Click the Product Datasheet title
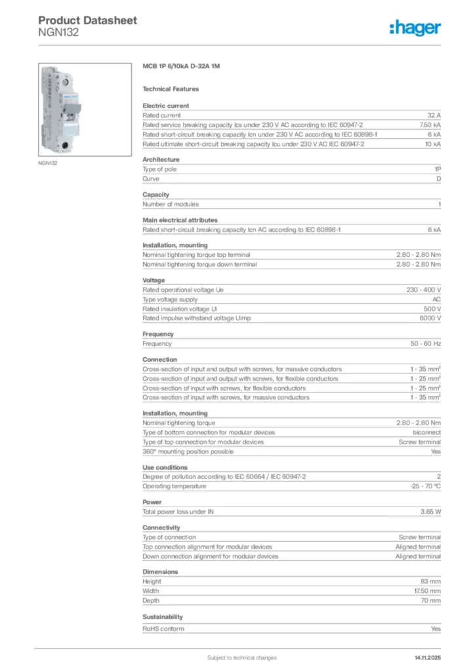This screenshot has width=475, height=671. [x=87, y=20]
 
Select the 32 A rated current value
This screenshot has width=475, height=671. [x=434, y=115]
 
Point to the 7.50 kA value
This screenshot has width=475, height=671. [x=430, y=125]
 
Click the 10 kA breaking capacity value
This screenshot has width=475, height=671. [x=432, y=144]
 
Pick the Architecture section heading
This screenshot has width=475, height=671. [x=161, y=159]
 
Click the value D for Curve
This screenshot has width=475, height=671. [x=438, y=178]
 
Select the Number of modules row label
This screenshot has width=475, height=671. [x=171, y=204]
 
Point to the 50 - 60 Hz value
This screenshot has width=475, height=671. [x=426, y=343]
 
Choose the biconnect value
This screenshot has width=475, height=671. [x=426, y=432]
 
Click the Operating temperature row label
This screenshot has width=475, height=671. [x=175, y=486]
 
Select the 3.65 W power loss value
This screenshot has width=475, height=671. [x=430, y=512]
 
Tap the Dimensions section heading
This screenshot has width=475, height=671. [x=160, y=572]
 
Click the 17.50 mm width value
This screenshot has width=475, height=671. [x=426, y=591]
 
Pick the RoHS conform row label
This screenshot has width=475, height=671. [x=163, y=629]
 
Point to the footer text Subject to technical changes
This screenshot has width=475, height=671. [x=241, y=657]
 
